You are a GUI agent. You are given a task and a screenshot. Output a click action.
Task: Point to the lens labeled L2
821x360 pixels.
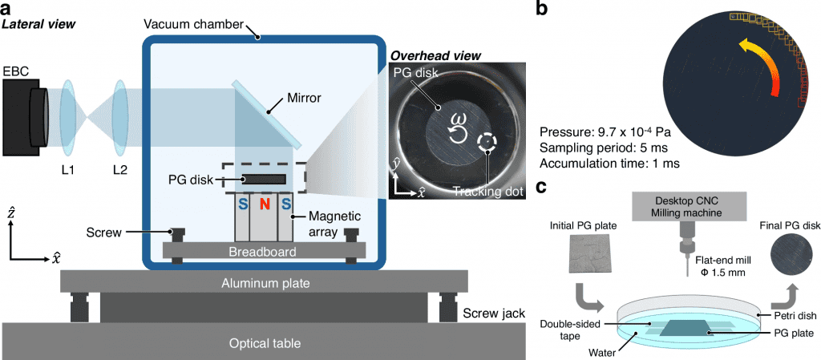121,113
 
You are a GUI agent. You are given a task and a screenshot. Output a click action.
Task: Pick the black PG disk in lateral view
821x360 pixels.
262,179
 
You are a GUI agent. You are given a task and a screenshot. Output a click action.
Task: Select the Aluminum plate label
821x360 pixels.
265,284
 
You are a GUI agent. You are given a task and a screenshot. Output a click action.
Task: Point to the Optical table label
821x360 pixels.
265,343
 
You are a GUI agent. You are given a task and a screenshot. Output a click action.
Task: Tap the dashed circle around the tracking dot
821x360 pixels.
486,142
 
